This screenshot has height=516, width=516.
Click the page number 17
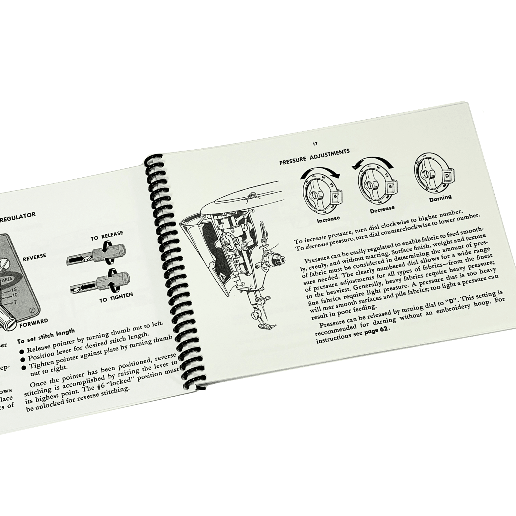point(314,144)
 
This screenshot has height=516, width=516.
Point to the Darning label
point(440,198)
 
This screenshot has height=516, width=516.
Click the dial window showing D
point(447,176)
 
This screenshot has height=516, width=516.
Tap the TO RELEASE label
point(106,235)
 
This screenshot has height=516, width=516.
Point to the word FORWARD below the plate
point(34,323)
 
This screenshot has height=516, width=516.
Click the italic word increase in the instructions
point(315,239)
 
